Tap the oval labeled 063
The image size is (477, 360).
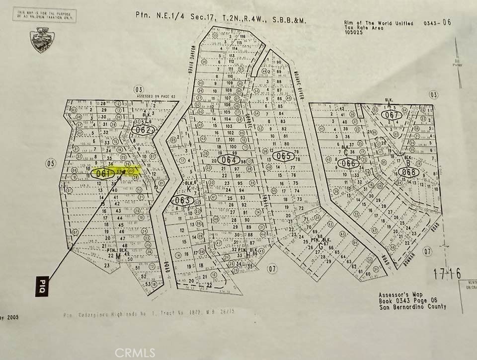182,200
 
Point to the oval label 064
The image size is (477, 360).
229,160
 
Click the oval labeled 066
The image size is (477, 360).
349,163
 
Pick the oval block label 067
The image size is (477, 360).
392,115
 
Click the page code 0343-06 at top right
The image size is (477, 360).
437,22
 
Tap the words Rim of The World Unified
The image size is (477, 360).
378,23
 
